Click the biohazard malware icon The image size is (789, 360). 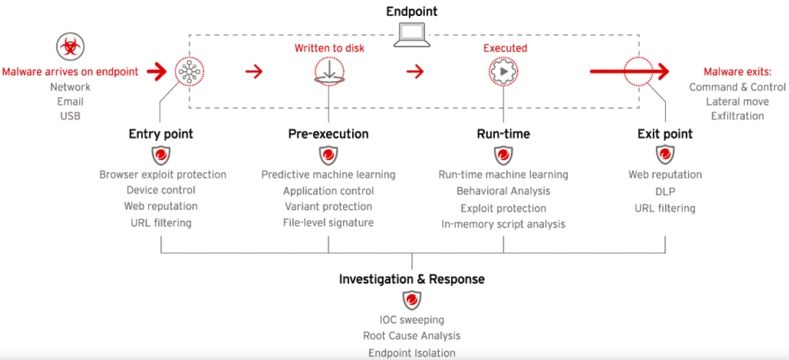point(70,47)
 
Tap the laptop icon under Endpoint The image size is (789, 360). point(412,35)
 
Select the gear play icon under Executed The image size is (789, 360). point(503,72)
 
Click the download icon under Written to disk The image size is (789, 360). point(329,72)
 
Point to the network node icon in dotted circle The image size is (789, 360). point(190,72)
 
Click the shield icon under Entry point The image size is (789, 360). point(161,155)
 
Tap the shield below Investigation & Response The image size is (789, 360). point(412,300)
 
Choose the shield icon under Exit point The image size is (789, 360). point(665,155)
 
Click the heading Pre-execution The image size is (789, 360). point(328,134)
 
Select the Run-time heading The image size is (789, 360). point(503,134)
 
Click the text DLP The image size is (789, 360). point(665,191)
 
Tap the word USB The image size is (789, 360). point(70,116)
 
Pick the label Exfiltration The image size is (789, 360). point(737,116)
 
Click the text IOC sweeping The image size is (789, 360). point(412,320)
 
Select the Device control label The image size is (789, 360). point(161,190)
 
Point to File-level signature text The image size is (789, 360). point(328,223)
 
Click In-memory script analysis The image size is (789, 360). point(503,224)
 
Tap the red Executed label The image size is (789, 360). point(505,48)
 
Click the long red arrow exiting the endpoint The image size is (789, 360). point(629,72)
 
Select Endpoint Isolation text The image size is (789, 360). point(412,353)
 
